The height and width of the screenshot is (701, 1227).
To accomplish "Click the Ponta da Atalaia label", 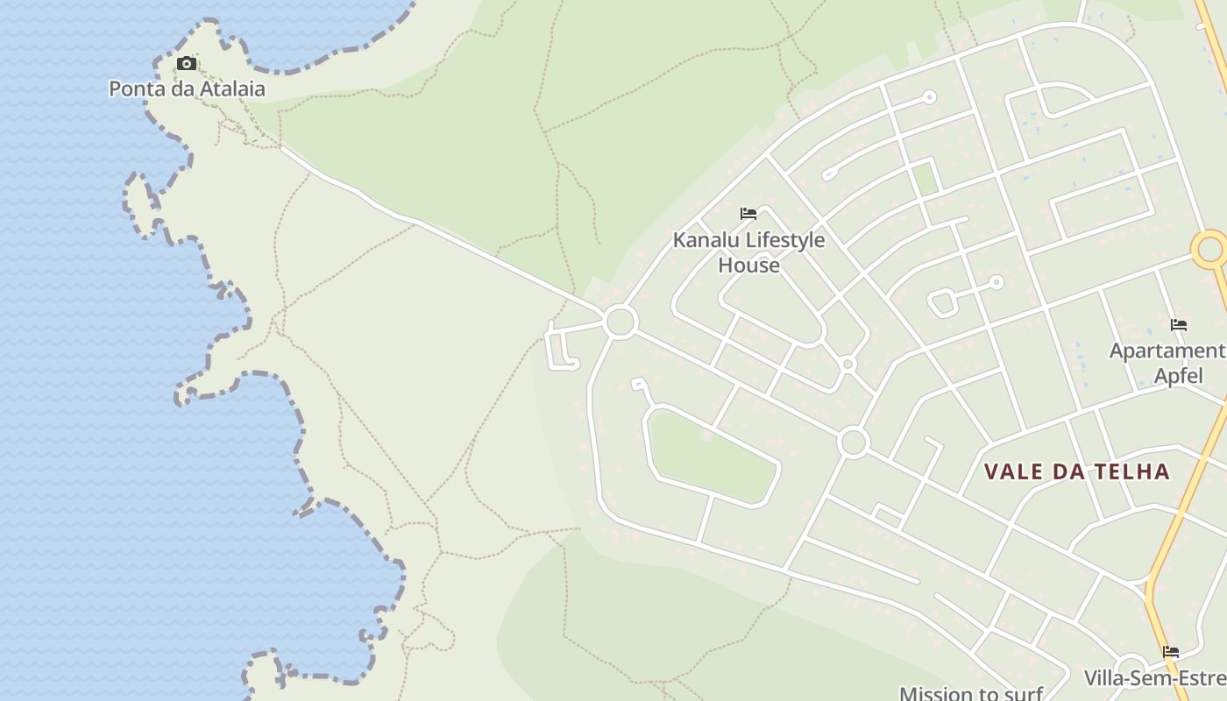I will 187,89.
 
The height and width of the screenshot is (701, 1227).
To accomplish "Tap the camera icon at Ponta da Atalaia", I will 186,63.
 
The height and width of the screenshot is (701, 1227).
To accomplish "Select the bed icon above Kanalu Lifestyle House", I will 748,213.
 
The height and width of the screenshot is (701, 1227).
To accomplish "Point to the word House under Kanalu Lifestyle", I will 748,265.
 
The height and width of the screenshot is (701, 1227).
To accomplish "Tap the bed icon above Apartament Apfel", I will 1179,325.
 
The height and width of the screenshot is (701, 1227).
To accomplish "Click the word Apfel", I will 1178,376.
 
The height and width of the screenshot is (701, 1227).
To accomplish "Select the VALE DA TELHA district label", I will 1076,471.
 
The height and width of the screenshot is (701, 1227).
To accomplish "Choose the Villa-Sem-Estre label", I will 1155,678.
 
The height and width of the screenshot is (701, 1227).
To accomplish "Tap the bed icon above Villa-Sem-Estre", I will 1170,652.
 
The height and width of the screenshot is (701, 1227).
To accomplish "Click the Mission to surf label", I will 971,693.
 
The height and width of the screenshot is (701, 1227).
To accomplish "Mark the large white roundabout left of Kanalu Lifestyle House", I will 620,322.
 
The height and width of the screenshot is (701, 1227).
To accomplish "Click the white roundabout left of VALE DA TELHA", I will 853,443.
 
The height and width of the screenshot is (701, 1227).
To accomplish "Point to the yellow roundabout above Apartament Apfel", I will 1211,250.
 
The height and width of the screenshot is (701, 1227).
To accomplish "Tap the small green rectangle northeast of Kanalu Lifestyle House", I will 925,179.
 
